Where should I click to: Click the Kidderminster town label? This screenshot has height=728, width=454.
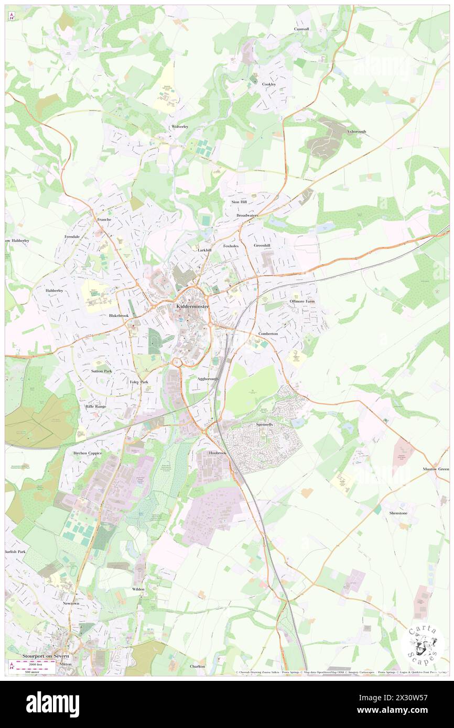[188, 306]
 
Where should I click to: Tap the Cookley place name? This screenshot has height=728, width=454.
[269, 84]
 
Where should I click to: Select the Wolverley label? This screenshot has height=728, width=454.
[179, 127]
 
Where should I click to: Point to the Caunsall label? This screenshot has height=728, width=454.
[301, 29]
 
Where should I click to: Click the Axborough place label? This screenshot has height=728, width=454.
[356, 131]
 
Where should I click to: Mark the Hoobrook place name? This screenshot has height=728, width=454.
[218, 453]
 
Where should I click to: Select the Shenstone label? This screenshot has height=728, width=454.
[398, 513]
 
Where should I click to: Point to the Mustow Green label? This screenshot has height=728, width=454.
[436, 469]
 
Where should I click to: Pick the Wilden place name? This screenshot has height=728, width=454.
[138, 589]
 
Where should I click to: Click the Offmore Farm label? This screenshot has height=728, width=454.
[302, 302]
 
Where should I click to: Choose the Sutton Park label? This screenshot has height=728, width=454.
[102, 371]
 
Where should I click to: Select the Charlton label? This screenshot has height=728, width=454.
[198, 666]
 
